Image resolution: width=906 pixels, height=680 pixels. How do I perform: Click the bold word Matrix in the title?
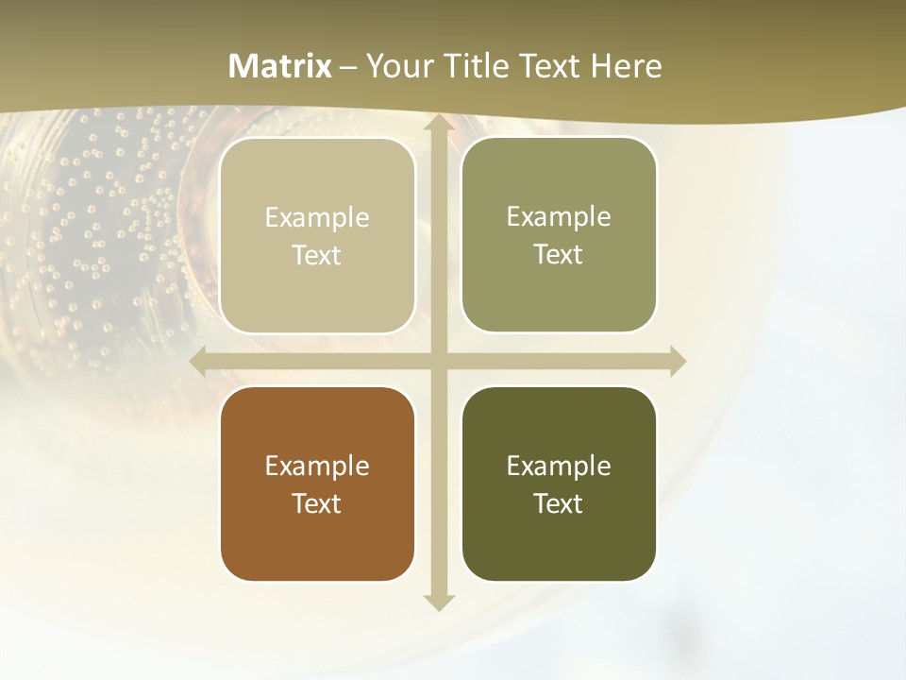(280, 66)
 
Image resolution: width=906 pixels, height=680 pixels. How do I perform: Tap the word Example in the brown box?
(317, 466)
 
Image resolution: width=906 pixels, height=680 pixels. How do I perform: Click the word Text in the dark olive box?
(559, 503)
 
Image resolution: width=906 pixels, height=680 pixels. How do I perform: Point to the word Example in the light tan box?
(317, 217)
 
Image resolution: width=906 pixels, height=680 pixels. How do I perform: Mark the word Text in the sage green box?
(559, 254)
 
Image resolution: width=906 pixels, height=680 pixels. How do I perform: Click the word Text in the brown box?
(317, 503)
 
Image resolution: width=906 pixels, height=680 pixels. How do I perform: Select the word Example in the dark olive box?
(559, 466)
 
